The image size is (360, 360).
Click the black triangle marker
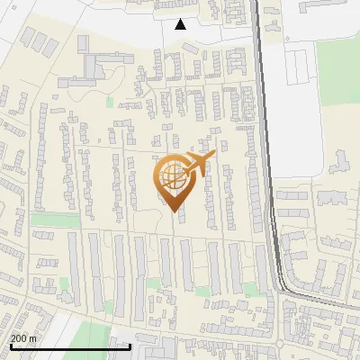pos(181,24)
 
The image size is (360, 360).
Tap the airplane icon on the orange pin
pos(196,164)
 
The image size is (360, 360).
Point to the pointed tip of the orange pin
pos(171,211)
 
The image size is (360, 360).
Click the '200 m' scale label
pos(23,337)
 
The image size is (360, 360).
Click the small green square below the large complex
pos(111,101)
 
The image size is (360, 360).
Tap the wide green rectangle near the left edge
pos(55,220)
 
